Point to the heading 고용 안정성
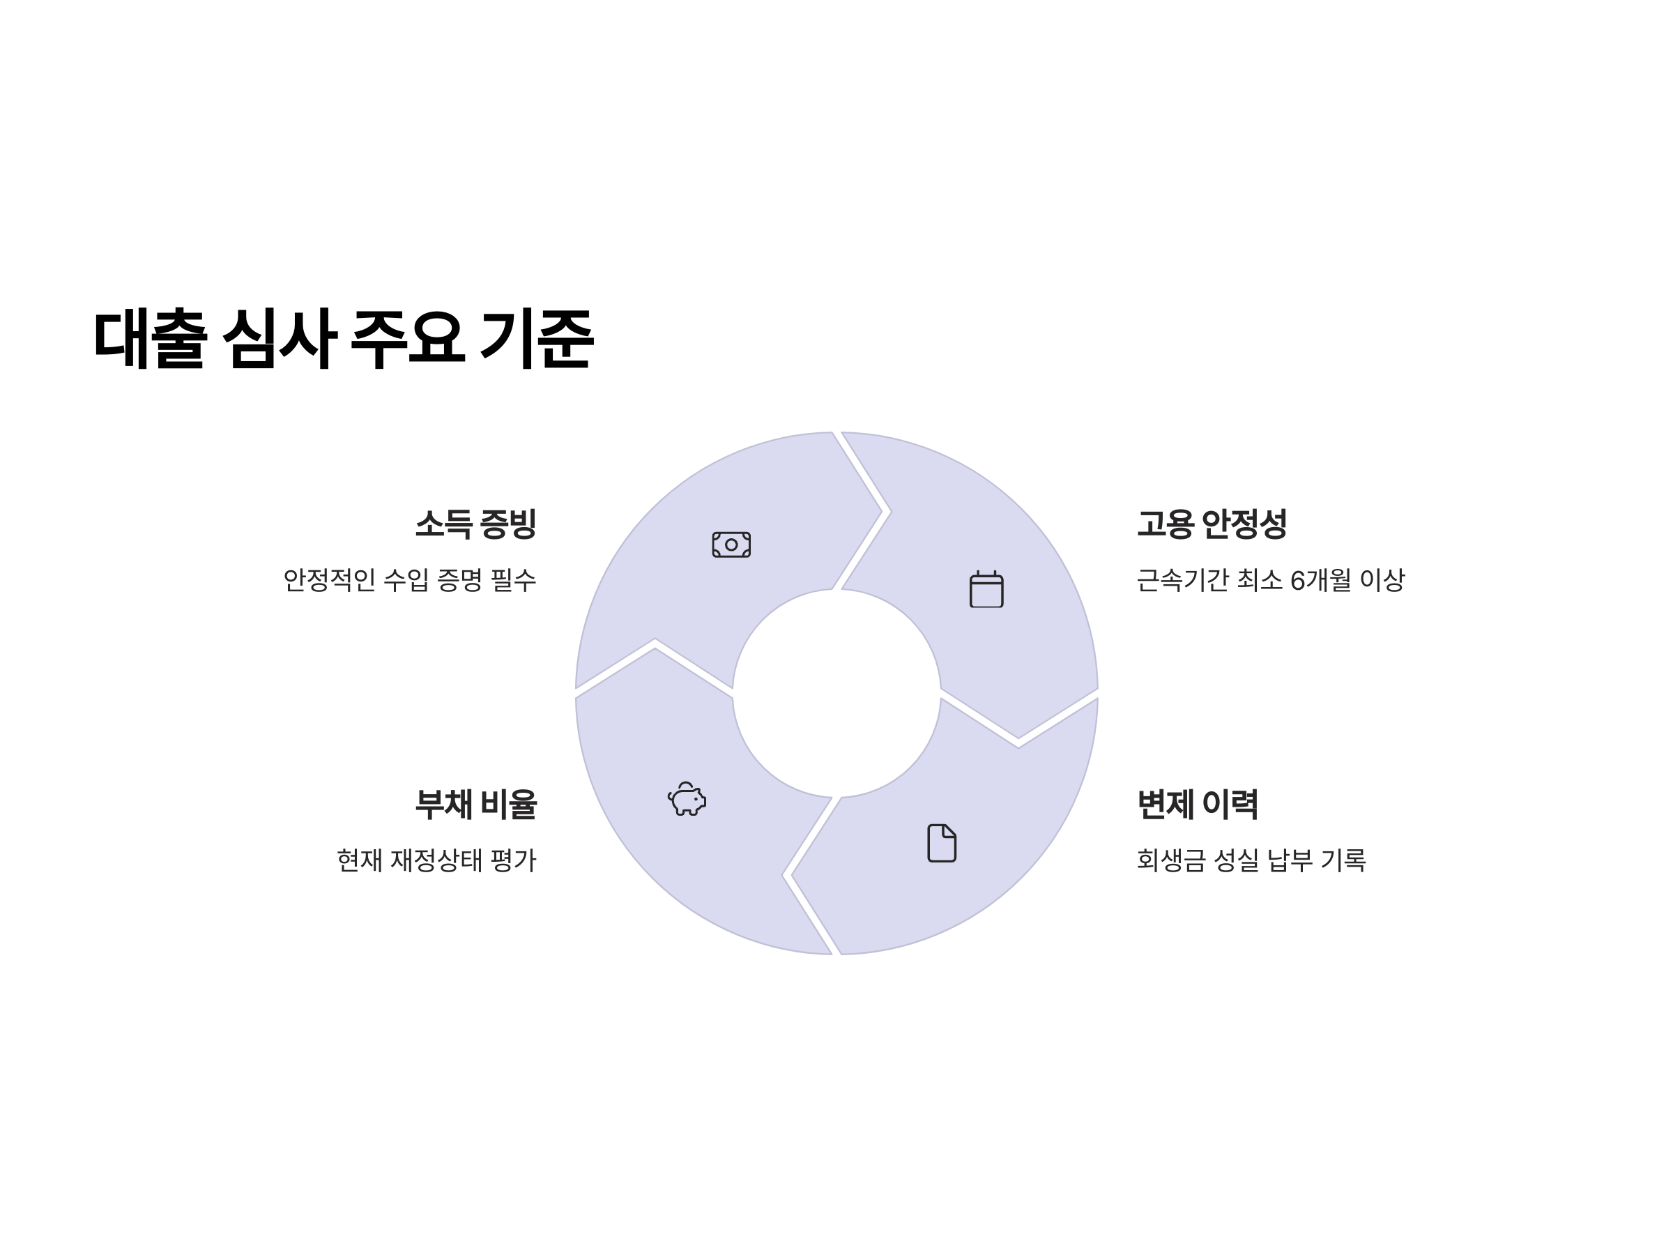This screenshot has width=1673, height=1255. tap(1211, 524)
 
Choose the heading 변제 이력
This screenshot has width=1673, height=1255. tap(1198, 803)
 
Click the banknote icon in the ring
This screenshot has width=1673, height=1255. tap(731, 545)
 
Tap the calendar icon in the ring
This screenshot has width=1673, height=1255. tap(986, 589)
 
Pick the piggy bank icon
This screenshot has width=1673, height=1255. tap(687, 799)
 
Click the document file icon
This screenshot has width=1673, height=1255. tap(942, 843)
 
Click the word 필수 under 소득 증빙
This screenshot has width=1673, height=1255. tap(514, 580)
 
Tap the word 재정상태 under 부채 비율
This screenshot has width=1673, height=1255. tap(436, 860)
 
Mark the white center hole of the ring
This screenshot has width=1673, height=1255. tap(837, 693)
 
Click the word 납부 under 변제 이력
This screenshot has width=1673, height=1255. tap(1290, 860)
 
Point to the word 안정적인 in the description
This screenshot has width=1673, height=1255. tap(329, 580)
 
